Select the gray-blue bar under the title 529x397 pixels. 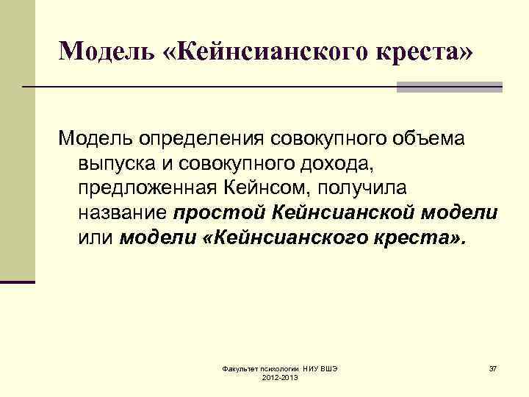(x=449, y=87)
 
